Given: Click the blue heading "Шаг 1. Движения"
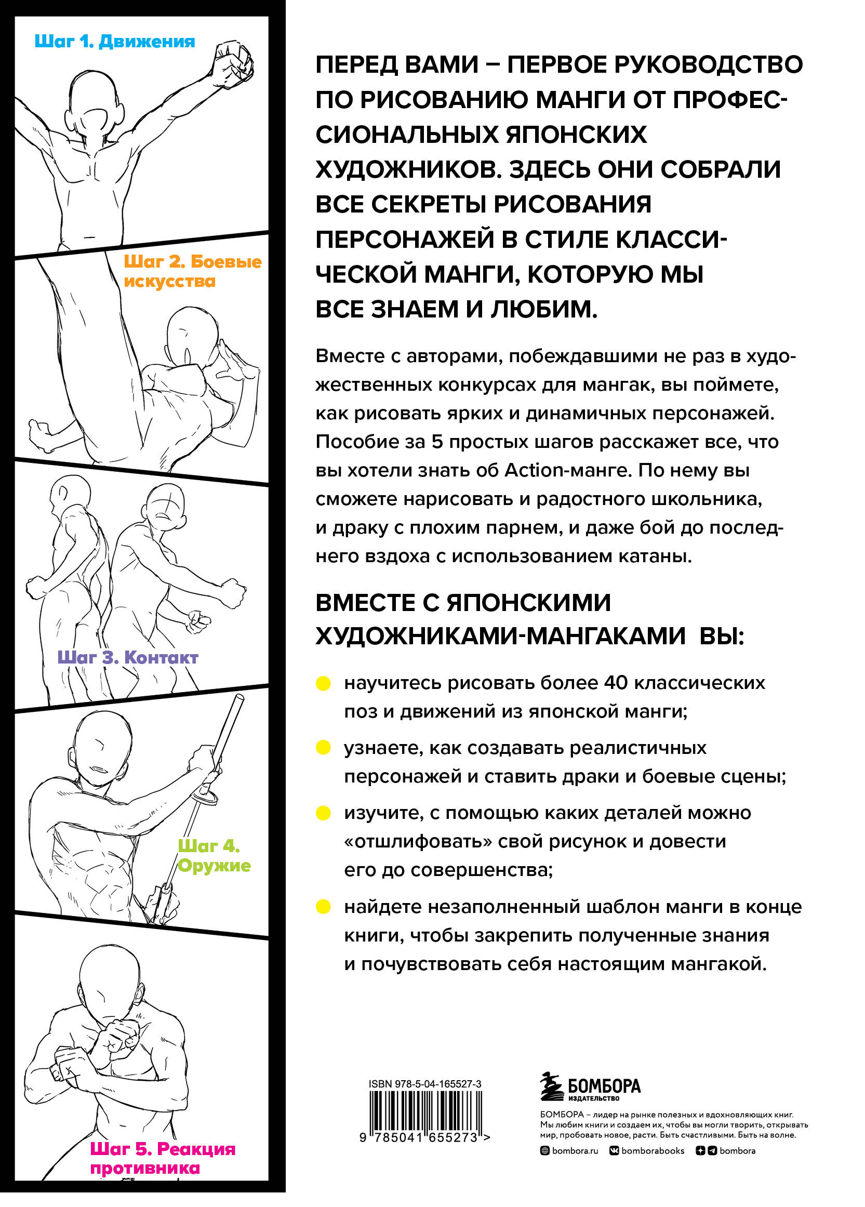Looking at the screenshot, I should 114,42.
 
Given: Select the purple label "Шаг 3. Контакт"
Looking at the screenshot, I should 128,658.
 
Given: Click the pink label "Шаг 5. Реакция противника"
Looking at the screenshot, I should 162,1158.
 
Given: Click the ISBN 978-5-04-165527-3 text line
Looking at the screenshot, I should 424,1083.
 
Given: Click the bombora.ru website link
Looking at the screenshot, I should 569,1150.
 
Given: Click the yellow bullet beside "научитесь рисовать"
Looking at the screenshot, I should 324,684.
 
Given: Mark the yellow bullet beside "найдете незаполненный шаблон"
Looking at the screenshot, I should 324,906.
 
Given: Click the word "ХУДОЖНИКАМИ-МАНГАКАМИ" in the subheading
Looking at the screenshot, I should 501,636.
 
